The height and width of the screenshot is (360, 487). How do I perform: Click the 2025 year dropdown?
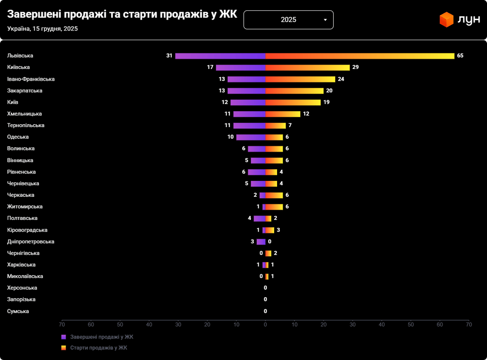[288, 20]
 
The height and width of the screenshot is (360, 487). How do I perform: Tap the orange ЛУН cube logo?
[447, 20]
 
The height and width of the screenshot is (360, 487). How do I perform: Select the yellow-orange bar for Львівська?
[360, 56]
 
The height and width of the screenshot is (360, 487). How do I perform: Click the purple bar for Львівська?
[220, 56]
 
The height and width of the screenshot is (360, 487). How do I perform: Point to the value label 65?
[460, 56]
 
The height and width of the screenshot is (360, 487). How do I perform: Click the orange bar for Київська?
[307, 67]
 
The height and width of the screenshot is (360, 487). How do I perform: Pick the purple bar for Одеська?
[251, 137]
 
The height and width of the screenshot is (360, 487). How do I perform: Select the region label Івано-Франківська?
[31, 79]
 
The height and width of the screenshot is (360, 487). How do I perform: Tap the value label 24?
[341, 79]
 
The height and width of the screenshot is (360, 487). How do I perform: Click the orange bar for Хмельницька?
[283, 114]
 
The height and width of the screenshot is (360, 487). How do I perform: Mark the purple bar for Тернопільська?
[249, 125]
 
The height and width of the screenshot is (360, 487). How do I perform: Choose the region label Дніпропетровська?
[31, 241]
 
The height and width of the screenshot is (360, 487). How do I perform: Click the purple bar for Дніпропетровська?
[261, 242]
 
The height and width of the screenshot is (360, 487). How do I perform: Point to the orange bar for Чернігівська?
[269, 253]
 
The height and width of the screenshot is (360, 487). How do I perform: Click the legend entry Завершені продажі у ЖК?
[102, 337]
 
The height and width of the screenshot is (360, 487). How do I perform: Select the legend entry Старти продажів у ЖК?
[98, 348]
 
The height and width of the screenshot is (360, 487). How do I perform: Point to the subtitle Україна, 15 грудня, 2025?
[43, 29]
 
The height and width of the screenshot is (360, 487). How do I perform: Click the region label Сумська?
[18, 311]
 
